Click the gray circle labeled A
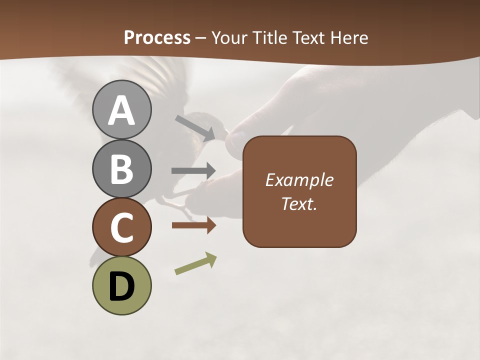(x=121, y=109)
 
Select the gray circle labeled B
(x=121, y=168)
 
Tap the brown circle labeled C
(x=121, y=227)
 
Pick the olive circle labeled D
(x=121, y=285)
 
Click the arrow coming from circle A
(x=195, y=127)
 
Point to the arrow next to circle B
(x=193, y=170)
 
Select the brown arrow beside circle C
(x=193, y=225)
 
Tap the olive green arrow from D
(x=195, y=263)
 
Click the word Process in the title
(x=157, y=37)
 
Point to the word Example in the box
(x=299, y=180)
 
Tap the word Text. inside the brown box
(x=299, y=203)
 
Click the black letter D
(x=121, y=286)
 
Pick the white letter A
(x=121, y=110)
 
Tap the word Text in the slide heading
(x=308, y=37)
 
